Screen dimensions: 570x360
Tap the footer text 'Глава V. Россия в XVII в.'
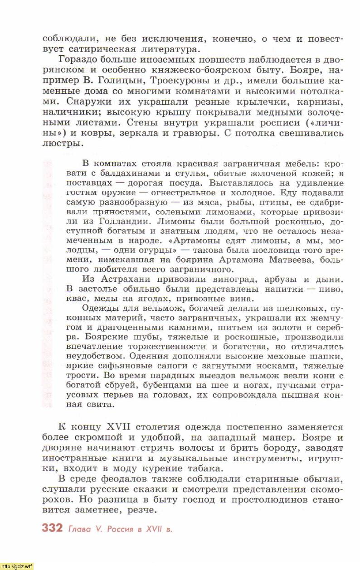(120, 529)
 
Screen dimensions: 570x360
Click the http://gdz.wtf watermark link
(17, 566)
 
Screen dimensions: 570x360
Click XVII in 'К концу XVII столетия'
(118, 427)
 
